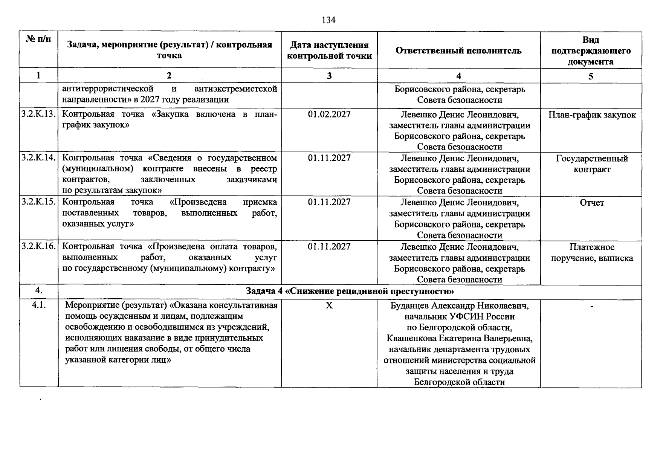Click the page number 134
coord(328,20)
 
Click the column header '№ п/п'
coord(38,39)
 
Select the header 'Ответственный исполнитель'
coord(458,50)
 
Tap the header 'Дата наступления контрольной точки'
coord(329,50)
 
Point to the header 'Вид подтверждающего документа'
coord(591,50)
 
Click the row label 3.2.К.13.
coord(39,114)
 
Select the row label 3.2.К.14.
coord(39,158)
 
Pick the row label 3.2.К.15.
coord(39,202)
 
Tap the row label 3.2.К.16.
coord(39,246)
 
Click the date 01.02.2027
coord(329,114)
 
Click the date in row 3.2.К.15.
coord(329,202)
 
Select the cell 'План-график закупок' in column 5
coord(592,115)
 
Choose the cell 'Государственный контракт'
coord(592,164)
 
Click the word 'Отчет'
coord(592,203)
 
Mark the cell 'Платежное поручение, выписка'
coord(592,252)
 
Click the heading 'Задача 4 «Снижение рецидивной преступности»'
coord(350,292)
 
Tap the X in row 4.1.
coord(329,305)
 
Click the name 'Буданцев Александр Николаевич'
coord(459,305)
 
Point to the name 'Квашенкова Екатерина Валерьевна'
coord(459,338)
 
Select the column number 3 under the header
coord(329,76)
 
